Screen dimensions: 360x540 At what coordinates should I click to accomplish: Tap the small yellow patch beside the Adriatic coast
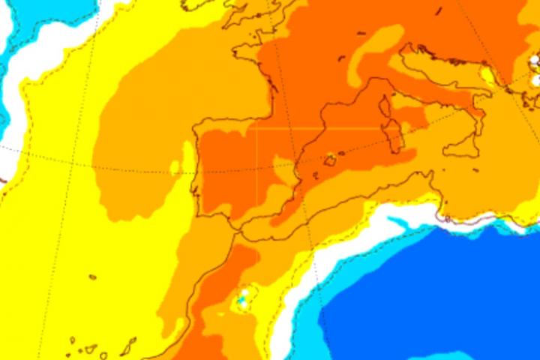pos(488,75)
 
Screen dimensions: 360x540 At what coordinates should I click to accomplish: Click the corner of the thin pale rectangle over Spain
pos(257,129)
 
